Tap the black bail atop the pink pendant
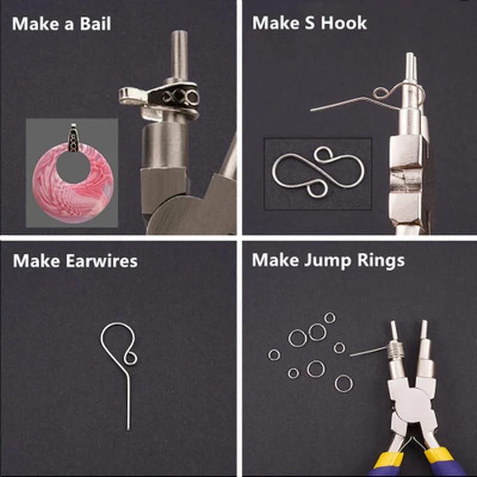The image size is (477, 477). (73, 138)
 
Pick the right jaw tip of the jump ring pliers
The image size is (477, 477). (424, 328)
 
